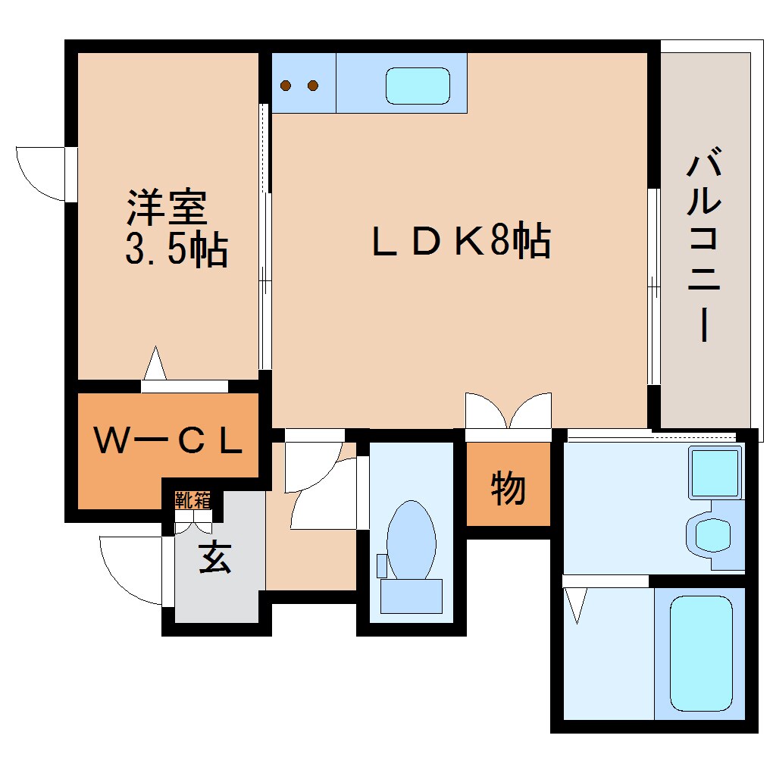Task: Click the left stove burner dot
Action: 286,86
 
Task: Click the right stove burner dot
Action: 312,86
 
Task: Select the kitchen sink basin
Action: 418,86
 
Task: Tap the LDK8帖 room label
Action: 461,240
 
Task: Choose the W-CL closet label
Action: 168,441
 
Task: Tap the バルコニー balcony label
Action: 705,243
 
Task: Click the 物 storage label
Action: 508,487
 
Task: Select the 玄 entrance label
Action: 215,556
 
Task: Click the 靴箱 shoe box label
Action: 192,500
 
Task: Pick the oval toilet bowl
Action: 412,540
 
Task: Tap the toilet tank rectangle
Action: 412,596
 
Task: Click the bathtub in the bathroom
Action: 701,653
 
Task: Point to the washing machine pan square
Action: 715,472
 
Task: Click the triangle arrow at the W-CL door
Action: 155,363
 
